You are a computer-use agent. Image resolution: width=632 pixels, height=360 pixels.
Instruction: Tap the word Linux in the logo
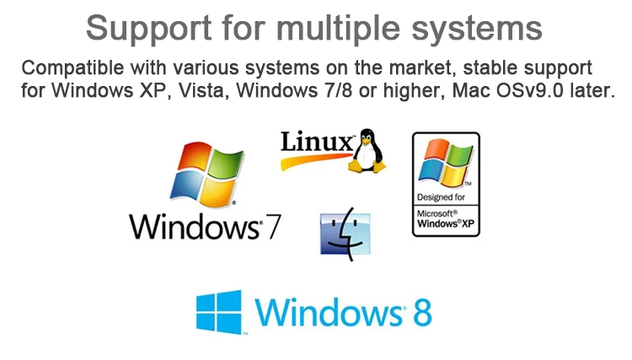click(x=317, y=141)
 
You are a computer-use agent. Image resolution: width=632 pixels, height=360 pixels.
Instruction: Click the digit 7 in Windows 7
click(x=272, y=226)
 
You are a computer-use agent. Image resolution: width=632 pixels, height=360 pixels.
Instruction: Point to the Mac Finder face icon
click(x=345, y=234)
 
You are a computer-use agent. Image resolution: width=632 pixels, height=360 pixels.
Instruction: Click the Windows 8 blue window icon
click(x=218, y=311)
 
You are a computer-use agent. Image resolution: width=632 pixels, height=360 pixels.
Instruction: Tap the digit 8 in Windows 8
click(x=421, y=312)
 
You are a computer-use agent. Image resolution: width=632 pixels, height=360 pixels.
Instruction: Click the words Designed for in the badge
click(x=442, y=198)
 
